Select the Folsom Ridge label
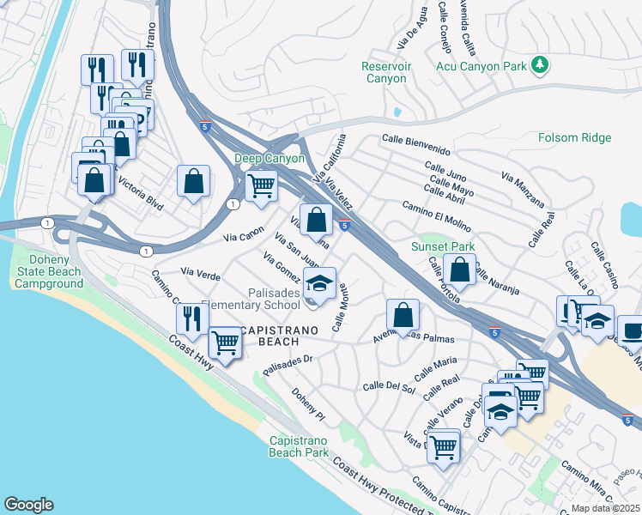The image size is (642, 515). [574, 137]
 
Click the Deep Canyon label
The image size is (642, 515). [270, 159]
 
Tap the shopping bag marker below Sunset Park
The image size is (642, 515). [461, 270]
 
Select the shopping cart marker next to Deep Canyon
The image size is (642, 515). [261, 185]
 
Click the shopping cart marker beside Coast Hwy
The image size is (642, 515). [225, 342]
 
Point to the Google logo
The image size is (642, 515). [28, 505]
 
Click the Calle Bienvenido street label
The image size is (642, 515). [416, 139]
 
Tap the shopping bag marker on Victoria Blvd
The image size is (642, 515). [194, 180]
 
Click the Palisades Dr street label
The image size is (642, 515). [286, 367]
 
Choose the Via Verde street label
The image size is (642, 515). [201, 275]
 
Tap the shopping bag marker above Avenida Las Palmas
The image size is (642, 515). [403, 314]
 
